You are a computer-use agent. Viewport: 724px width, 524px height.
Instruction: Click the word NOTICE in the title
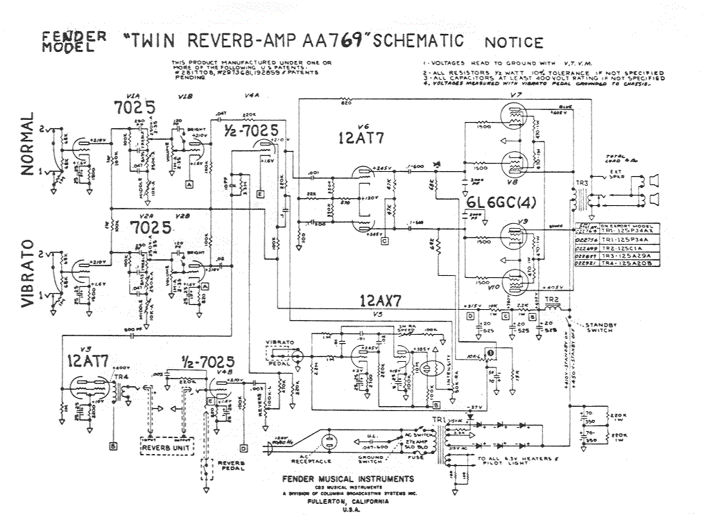point(514,43)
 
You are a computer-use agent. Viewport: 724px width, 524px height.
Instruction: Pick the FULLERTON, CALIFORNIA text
point(349,503)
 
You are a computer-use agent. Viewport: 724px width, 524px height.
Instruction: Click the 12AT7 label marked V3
point(87,361)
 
